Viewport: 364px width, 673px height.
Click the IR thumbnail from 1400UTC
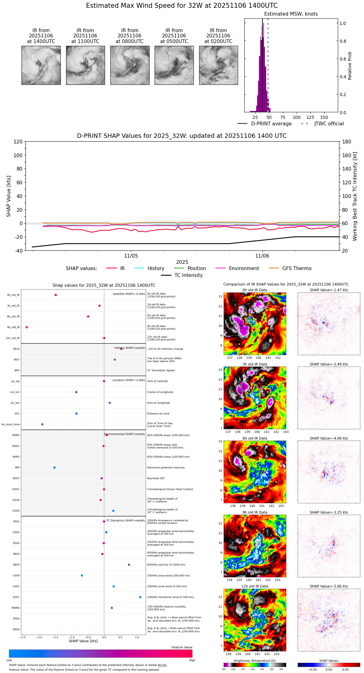pyautogui.click(x=41, y=65)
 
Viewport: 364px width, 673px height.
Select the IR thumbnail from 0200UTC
pyautogui.click(x=218, y=65)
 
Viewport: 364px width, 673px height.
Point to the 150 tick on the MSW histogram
pyautogui.click(x=324, y=117)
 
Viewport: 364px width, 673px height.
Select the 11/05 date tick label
pyautogui.click(x=131, y=256)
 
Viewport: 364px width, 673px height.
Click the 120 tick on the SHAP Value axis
pyautogui.click(x=18, y=142)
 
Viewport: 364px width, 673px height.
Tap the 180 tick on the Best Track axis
pyautogui.click(x=347, y=142)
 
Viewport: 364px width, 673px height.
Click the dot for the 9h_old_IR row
pyautogui.click(x=27, y=327)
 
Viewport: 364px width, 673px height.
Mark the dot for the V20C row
pyautogui.click(x=140, y=597)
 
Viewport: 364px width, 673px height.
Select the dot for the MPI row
pyautogui.click(x=55, y=467)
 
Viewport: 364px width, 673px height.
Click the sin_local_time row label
pyautogui.click(x=11, y=424)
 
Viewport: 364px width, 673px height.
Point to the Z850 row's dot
pyautogui.click(x=129, y=565)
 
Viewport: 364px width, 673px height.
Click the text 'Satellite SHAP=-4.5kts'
pyautogui.click(x=129, y=294)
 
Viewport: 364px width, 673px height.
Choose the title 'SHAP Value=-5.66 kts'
pyautogui.click(x=329, y=586)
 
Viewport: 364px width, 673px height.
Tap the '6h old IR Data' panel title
pyautogui.click(x=255, y=438)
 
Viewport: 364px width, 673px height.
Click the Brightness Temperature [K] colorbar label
pyautogui.click(x=255, y=661)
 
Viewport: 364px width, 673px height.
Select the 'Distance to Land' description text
pyautogui.click(x=158, y=414)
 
